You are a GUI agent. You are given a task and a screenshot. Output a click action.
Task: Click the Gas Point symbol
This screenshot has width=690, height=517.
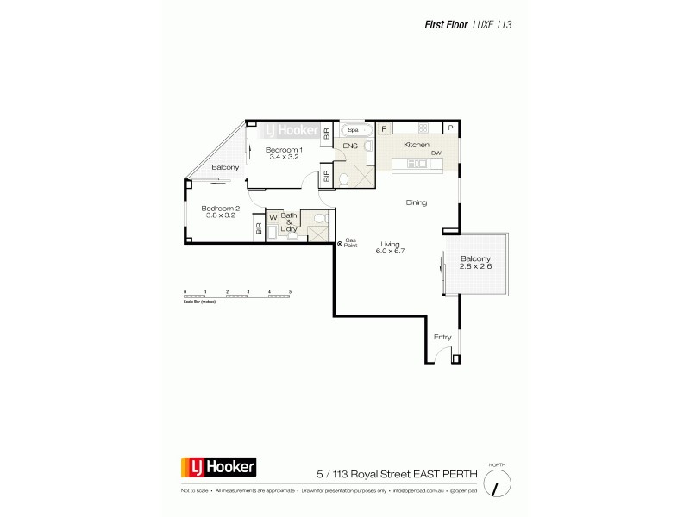click(340, 243)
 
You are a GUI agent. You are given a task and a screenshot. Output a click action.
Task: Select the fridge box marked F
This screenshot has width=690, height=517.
click(384, 128)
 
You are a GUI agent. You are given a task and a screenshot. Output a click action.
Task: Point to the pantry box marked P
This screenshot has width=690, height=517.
click(450, 128)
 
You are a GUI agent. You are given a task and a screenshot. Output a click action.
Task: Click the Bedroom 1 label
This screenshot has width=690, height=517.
click(282, 150)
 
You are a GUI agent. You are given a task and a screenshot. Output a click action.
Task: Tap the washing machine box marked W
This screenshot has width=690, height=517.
click(273, 217)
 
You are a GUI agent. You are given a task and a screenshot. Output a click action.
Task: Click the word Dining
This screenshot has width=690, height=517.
click(417, 202)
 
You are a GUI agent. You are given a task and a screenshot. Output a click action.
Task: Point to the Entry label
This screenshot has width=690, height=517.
click(442, 336)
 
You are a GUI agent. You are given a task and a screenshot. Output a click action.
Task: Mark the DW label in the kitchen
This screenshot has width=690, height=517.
click(436, 153)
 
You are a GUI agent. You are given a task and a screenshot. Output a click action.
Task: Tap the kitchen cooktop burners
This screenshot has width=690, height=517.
click(417, 163)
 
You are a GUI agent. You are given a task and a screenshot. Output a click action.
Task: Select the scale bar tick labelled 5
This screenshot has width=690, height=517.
click(291, 293)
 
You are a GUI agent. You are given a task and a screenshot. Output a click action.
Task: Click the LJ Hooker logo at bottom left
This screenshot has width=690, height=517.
click(216, 468)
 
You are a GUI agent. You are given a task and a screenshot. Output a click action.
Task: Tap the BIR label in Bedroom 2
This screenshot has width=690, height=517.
click(258, 229)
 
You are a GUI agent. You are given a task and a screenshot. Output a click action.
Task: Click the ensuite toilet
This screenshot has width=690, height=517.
click(343, 179)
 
